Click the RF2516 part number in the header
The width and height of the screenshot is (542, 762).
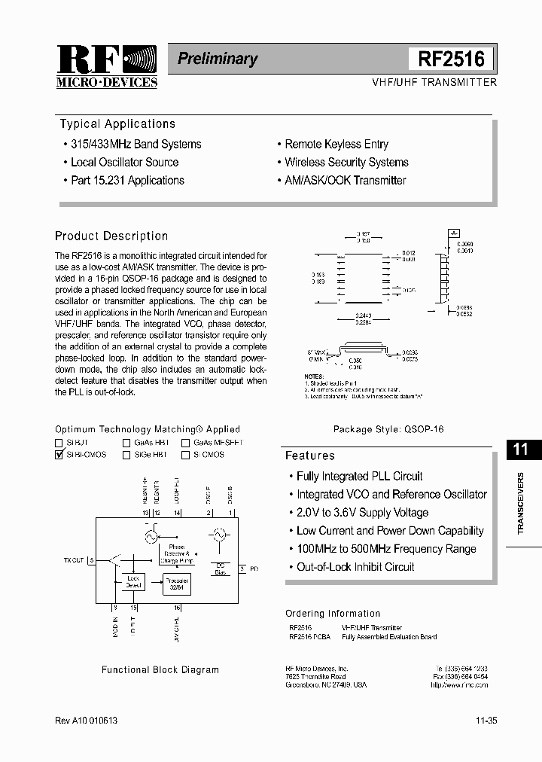pyautogui.click(x=450, y=58)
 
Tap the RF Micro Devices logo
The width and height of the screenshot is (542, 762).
pyautogui.click(x=106, y=66)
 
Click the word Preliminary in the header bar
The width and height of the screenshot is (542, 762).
pyautogui.click(x=217, y=59)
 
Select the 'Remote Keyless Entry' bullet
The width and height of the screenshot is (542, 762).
pyautogui.click(x=336, y=144)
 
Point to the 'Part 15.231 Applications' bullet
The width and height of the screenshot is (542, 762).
pyautogui.click(x=126, y=180)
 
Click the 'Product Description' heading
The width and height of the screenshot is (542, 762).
pyautogui.click(x=111, y=236)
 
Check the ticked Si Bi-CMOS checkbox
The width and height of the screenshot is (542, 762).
pyautogui.click(x=59, y=455)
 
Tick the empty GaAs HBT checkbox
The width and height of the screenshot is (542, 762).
pyautogui.click(x=126, y=443)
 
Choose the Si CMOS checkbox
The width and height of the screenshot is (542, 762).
pyautogui.click(x=185, y=455)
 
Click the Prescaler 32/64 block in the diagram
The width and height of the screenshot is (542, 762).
pyautogui.click(x=178, y=584)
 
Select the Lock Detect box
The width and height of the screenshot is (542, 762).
pyautogui.click(x=133, y=582)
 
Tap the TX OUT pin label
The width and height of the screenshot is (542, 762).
pyautogui.click(x=74, y=559)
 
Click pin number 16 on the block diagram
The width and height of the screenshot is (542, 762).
pyautogui.click(x=177, y=607)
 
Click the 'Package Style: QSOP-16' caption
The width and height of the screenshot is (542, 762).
pyautogui.click(x=388, y=428)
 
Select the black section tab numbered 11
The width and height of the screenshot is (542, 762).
pyautogui.click(x=520, y=450)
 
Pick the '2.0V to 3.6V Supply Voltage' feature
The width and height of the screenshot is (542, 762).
pyautogui.click(x=362, y=512)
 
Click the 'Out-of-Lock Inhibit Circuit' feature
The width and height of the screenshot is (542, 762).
pyautogui.click(x=355, y=566)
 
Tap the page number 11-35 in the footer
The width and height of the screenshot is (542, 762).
pyautogui.click(x=486, y=721)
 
